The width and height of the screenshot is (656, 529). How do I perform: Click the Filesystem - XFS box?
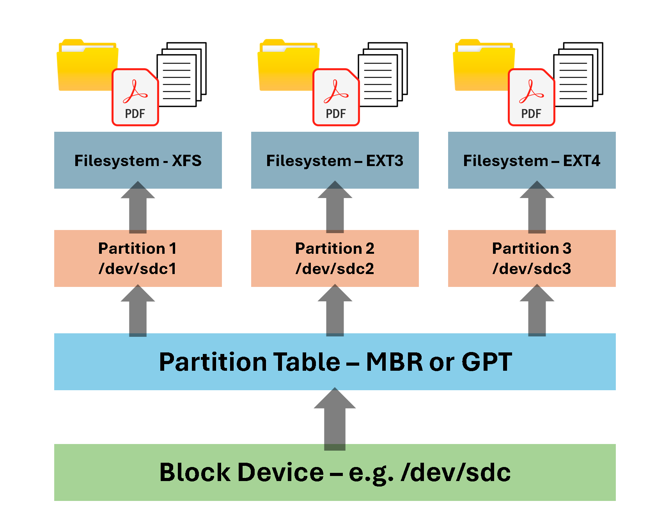tap(138, 160)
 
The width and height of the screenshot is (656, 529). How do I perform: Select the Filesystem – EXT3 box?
tap(335, 160)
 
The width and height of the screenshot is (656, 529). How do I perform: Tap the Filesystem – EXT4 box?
tap(532, 160)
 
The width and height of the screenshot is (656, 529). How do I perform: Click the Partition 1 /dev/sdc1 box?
tap(138, 258)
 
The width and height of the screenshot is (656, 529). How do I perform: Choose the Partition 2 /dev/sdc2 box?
tap(335, 258)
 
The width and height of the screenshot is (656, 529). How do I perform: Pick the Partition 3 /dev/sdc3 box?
tap(532, 258)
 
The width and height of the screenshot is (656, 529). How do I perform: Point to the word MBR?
tap(394, 362)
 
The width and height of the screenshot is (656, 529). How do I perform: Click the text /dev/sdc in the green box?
tap(456, 472)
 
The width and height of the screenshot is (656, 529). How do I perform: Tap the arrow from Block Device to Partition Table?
tap(335, 421)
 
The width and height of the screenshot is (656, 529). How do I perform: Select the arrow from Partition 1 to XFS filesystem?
tap(138, 209)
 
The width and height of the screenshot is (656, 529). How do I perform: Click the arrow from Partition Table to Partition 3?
tap(537, 312)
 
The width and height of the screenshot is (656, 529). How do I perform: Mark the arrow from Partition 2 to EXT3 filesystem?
tap(335, 209)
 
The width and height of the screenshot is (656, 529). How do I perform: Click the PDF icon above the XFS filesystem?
tap(135, 97)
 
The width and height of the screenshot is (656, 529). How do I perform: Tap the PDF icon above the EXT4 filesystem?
tap(531, 97)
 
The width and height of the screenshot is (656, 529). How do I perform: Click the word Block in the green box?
tap(195, 472)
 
